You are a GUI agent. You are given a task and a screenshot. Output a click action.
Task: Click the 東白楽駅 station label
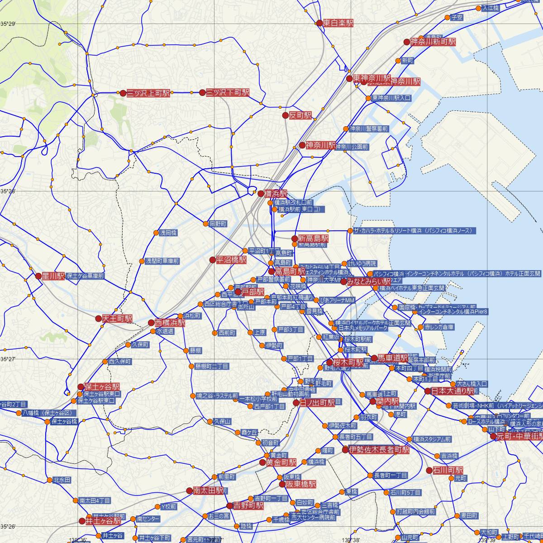pos(338,23)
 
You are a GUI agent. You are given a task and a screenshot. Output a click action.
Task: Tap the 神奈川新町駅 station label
pos(433,42)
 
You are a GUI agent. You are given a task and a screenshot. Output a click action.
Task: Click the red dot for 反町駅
pos(285,115)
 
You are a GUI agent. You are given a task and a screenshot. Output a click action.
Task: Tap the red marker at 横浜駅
pos(261,194)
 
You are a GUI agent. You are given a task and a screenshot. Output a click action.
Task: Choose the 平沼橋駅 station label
pos(231,260)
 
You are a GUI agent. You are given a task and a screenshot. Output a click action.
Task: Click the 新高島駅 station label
pos(313,238)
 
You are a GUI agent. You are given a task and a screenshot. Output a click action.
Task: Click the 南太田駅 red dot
pos(190,491)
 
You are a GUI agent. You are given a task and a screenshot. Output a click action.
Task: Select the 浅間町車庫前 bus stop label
pos(162,261)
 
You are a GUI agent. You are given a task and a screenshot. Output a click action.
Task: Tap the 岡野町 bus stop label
pos(218,224)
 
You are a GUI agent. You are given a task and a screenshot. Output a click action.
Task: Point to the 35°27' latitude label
pos(8,359)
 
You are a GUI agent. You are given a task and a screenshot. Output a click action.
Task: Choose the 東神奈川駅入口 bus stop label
pos(391,98)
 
